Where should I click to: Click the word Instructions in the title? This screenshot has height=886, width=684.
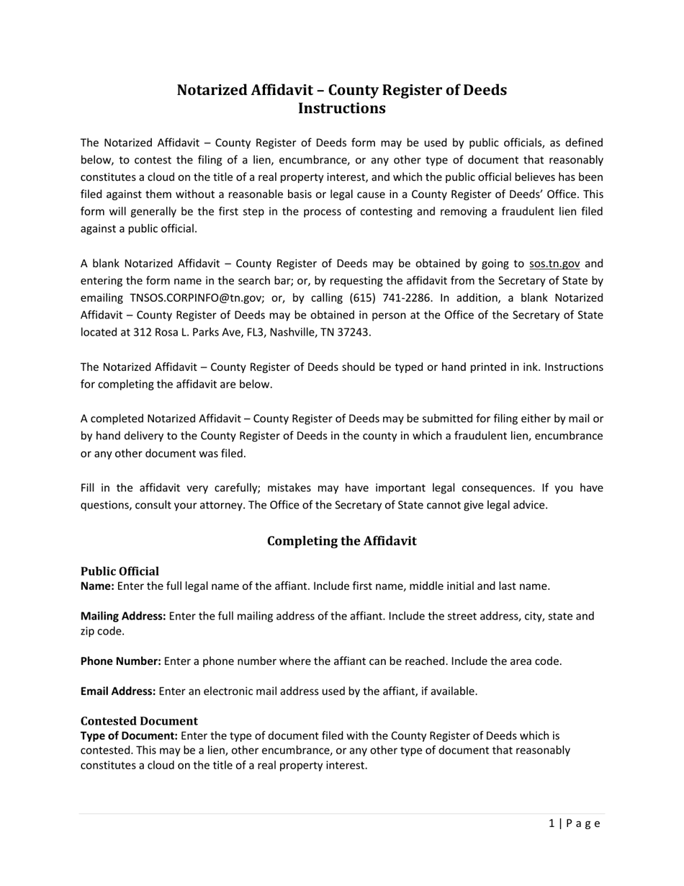(x=341, y=109)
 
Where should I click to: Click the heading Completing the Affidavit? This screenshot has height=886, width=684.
(x=341, y=541)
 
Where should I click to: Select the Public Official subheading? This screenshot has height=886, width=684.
(x=120, y=571)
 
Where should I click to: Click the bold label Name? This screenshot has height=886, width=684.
(x=97, y=586)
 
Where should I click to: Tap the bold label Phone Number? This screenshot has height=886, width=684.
(x=120, y=661)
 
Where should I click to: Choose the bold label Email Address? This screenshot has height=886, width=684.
(x=118, y=692)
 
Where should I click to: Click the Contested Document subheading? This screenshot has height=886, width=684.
(x=139, y=721)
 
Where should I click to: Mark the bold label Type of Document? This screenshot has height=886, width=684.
(x=129, y=736)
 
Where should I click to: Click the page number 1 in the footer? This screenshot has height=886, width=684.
(x=552, y=824)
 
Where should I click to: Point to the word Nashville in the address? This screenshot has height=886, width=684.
(x=292, y=333)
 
